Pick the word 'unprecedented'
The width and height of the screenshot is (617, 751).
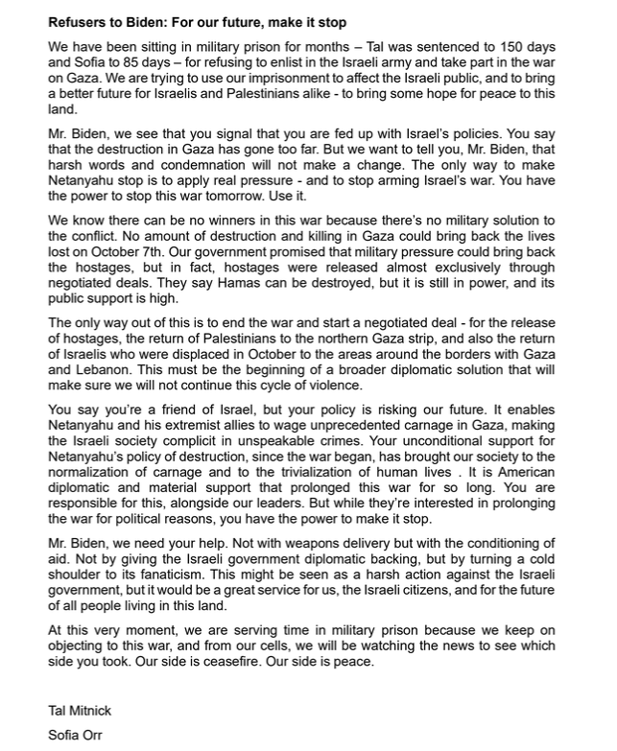(x=347, y=440)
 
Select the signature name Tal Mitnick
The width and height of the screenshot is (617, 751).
(x=80, y=711)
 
